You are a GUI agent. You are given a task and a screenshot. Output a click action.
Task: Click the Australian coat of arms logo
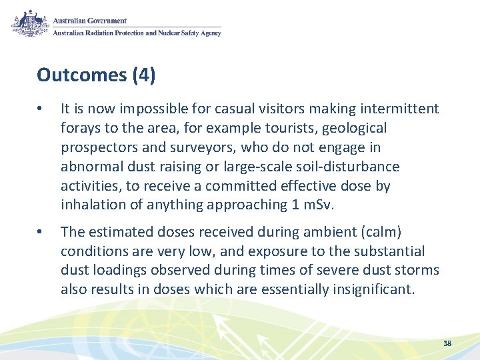click(29, 24)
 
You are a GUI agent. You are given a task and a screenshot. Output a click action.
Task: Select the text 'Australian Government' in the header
click(89, 21)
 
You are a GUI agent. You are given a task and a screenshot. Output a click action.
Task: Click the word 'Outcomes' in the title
click(81, 75)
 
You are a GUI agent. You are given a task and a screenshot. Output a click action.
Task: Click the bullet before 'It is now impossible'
click(41, 109)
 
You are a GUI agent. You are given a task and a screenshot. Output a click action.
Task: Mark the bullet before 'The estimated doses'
click(41, 232)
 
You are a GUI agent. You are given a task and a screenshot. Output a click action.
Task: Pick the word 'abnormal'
click(88, 167)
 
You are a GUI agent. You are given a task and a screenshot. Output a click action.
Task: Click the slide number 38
click(447, 343)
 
